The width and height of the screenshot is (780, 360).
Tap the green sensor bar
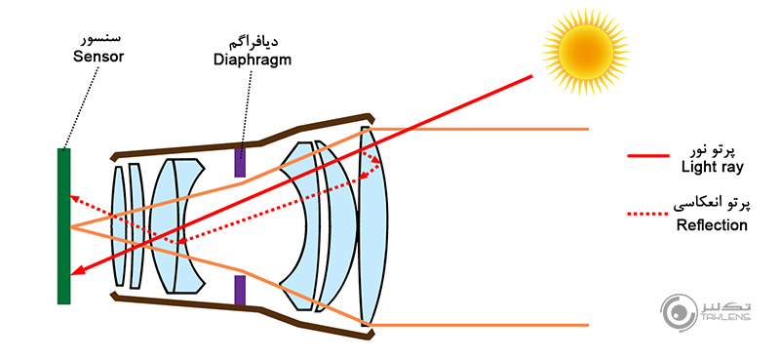(64, 225)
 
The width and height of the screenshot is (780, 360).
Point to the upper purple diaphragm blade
(240, 162)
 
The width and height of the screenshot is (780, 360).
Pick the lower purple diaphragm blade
(240, 289)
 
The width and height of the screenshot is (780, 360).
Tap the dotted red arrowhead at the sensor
(74, 197)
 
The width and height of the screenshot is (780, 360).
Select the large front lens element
(372, 224)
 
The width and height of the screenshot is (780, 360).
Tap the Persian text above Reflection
(712, 205)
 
